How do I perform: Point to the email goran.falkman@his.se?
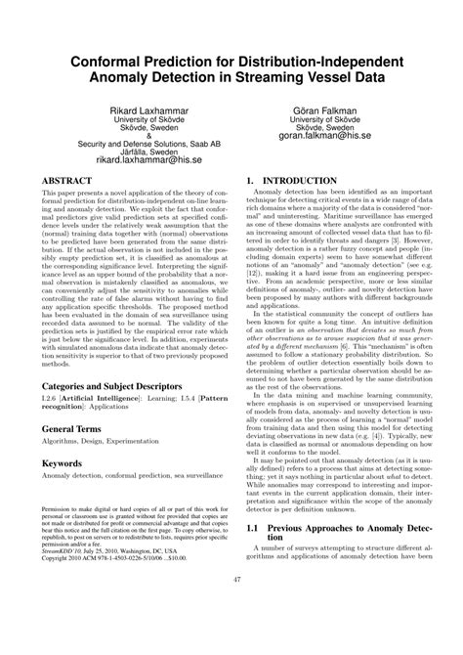[331, 136]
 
